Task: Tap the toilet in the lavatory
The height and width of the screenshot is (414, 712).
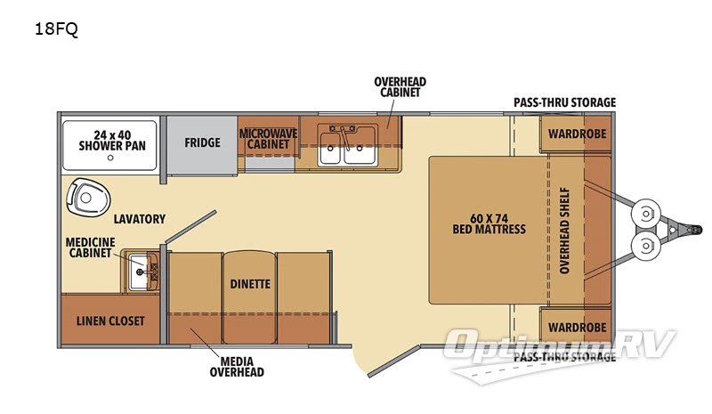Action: (86, 198)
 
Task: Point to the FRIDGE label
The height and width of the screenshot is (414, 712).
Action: (202, 142)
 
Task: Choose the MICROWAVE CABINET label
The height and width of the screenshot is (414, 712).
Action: (267, 138)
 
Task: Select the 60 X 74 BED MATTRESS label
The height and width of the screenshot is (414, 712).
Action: (489, 223)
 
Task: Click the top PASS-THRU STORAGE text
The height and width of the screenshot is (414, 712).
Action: (564, 102)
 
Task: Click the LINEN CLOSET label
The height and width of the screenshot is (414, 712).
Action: (110, 321)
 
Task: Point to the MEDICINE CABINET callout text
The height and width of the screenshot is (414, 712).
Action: (89, 247)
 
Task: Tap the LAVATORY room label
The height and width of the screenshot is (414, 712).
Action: (139, 218)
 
